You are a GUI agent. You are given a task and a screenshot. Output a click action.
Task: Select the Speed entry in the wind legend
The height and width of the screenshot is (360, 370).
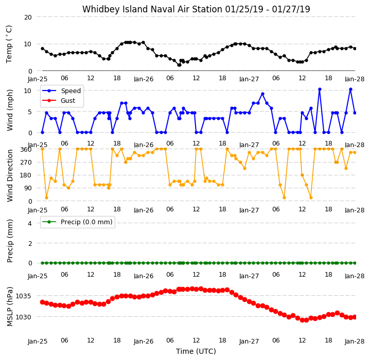tap(71, 91)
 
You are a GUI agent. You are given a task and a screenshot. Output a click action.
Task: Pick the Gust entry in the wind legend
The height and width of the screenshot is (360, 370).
tap(68, 101)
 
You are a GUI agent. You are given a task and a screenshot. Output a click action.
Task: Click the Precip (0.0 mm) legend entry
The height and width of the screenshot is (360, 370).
tap(86, 222)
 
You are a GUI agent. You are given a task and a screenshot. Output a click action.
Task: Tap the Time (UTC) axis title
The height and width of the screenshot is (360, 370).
tap(196, 351)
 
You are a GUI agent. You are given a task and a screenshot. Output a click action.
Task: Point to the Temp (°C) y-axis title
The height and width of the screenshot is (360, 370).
tap(9, 44)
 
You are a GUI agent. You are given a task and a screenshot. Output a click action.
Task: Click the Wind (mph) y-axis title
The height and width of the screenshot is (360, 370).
tap(9, 110)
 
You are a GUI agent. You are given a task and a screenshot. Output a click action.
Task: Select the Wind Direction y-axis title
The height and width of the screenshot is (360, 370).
tap(9, 176)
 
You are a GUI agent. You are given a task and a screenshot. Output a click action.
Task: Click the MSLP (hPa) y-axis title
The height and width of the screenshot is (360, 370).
tap(9, 307)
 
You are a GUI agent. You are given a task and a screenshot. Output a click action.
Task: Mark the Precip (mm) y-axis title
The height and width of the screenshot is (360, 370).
tap(9, 241)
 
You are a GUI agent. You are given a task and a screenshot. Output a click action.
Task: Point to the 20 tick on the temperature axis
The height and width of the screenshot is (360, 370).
tap(28, 17)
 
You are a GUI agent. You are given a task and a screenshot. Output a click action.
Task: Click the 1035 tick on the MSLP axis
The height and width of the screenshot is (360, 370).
tap(23, 296)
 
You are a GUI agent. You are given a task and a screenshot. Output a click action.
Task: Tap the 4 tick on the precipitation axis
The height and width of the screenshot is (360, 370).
tap(30, 224)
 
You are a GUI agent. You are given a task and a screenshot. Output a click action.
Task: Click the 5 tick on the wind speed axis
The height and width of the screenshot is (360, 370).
tap(30, 112)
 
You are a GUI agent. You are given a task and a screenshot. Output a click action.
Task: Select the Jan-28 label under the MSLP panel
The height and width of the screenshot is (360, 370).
tap(355, 341)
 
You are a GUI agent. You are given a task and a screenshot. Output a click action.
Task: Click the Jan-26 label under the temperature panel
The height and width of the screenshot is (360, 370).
tap(144, 79)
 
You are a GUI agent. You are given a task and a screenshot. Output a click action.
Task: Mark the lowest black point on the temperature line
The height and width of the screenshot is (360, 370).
tap(179, 65)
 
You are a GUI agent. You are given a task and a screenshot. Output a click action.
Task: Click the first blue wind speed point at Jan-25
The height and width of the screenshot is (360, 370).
tap(43, 133)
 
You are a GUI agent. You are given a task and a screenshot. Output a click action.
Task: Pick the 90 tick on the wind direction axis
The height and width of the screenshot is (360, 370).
tap(28, 188)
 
